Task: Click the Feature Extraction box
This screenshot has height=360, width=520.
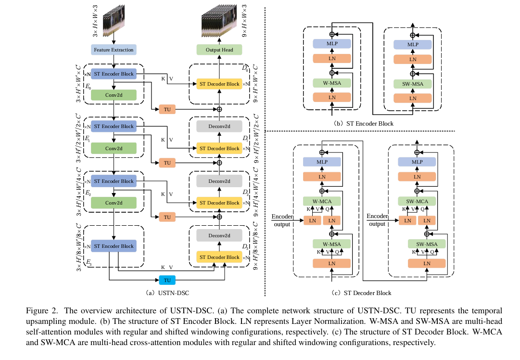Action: [x=114, y=50]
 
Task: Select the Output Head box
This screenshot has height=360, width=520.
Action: [x=219, y=50]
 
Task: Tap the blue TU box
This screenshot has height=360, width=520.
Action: [x=167, y=280]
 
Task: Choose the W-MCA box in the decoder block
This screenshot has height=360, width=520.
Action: [x=321, y=201]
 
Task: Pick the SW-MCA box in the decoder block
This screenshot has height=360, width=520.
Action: [x=417, y=201]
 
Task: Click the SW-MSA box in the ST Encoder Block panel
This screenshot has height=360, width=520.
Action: [x=413, y=84]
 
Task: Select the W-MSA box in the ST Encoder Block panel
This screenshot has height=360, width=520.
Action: [x=332, y=83]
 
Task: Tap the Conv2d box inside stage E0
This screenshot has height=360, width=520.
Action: [x=114, y=95]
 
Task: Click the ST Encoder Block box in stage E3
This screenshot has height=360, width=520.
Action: [x=114, y=246]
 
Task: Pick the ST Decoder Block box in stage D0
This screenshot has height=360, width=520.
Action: [x=219, y=84]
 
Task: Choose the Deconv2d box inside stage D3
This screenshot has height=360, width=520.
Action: [x=219, y=236]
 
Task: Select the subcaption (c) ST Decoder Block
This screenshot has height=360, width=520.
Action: [x=362, y=293]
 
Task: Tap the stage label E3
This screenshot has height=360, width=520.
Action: [x=88, y=262]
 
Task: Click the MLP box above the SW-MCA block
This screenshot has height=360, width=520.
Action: [x=417, y=162]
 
